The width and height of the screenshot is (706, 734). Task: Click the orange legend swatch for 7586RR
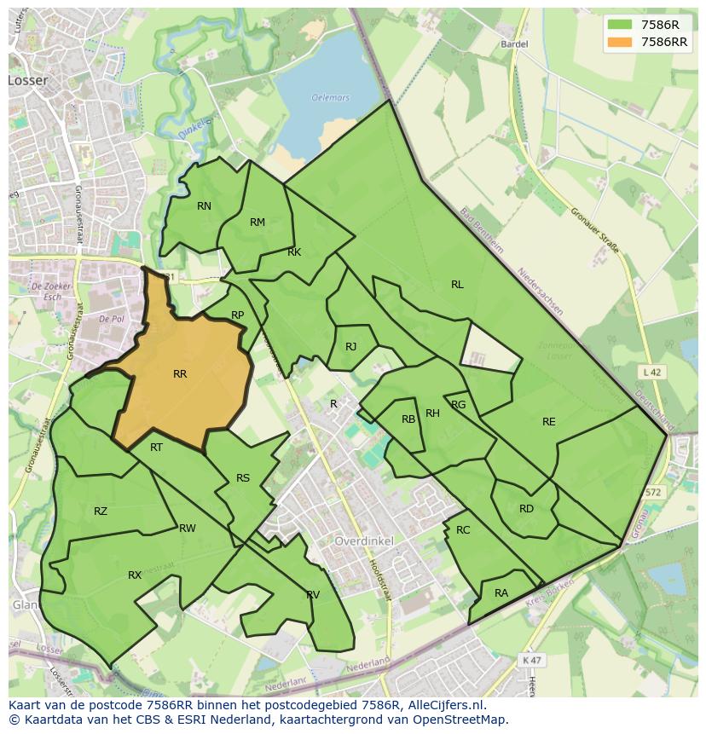pyautogui.click(x=621, y=42)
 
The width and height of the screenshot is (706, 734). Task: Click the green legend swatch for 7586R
pyautogui.click(x=621, y=25)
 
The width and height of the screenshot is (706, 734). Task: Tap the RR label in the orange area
pyautogui.click(x=180, y=374)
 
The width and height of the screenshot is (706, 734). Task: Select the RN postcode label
pyautogui.click(x=204, y=206)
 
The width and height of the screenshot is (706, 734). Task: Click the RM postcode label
pyautogui.click(x=258, y=223)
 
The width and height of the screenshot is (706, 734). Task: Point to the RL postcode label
pyautogui.click(x=457, y=285)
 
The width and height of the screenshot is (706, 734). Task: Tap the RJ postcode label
pyautogui.click(x=351, y=347)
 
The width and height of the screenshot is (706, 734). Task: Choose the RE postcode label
pyautogui.click(x=548, y=422)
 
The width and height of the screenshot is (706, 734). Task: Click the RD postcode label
pyautogui.click(x=526, y=509)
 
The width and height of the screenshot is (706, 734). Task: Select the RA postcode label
pyautogui.click(x=501, y=593)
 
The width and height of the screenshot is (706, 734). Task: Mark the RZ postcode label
pyautogui.click(x=101, y=511)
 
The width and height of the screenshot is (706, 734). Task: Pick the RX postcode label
pyautogui.click(x=135, y=575)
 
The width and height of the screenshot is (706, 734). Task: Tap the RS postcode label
pyautogui.click(x=243, y=478)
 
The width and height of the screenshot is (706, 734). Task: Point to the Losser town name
pyautogui.click(x=28, y=80)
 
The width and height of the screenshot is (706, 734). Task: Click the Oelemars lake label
pyautogui.click(x=331, y=98)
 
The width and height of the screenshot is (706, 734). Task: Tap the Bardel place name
pyautogui.click(x=515, y=43)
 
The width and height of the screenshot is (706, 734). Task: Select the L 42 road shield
pyautogui.click(x=652, y=372)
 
